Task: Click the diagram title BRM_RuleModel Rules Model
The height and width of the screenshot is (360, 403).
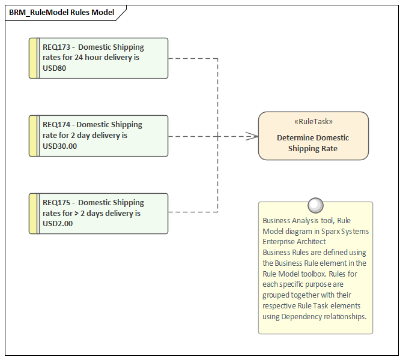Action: pyautogui.click(x=61, y=12)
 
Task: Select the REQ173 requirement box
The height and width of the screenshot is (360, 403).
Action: pyautogui.click(x=99, y=58)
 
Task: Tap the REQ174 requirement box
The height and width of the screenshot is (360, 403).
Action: pyautogui.click(x=99, y=136)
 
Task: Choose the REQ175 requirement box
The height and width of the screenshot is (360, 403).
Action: pyautogui.click(x=99, y=214)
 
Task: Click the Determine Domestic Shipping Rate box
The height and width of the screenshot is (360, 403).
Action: pyautogui.click(x=313, y=143)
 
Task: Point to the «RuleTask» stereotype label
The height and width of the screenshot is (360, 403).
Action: pyautogui.click(x=313, y=121)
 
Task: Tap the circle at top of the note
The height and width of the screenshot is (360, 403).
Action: pyautogui.click(x=315, y=206)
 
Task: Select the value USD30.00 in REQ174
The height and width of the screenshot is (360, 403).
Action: pyautogui.click(x=60, y=146)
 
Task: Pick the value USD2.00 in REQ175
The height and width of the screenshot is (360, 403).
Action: pyautogui.click(x=58, y=224)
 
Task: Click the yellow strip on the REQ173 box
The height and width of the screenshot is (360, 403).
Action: pyautogui.click(x=34, y=58)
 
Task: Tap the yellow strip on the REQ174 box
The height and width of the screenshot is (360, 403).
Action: pyautogui.click(x=34, y=136)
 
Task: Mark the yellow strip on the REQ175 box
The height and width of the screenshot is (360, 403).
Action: pyautogui.click(x=34, y=214)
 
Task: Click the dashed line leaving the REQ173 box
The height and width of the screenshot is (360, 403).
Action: pyautogui.click(x=192, y=58)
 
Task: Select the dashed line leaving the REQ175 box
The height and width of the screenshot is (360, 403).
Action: pyautogui.click(x=192, y=212)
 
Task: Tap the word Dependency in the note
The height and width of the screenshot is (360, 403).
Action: pyautogui.click(x=300, y=316)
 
